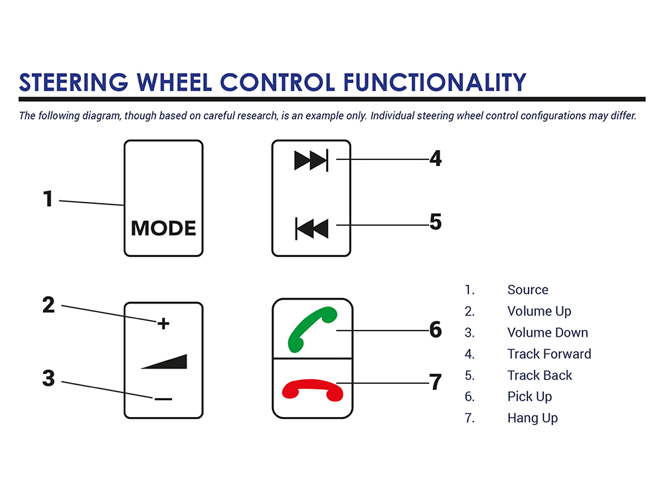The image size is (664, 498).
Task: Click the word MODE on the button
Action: pos(163,228)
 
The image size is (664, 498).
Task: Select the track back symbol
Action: pos(312,228)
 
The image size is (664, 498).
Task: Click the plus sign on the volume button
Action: pos(163,323)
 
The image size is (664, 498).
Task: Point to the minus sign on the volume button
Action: pos(163,399)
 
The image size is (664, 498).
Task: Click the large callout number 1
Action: pos(47,199)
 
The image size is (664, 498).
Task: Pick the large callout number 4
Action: pos(436,159)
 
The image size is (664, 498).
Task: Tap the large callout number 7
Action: pos(436,382)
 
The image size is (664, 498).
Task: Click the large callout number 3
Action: pos(48,378)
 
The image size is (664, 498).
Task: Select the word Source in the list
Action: pos(528,290)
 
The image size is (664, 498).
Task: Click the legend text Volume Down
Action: pos(548,333)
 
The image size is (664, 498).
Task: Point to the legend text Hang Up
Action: pos(533,418)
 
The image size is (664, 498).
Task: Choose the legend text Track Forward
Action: pos(549,354)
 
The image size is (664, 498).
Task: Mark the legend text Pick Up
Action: pos(530,396)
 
